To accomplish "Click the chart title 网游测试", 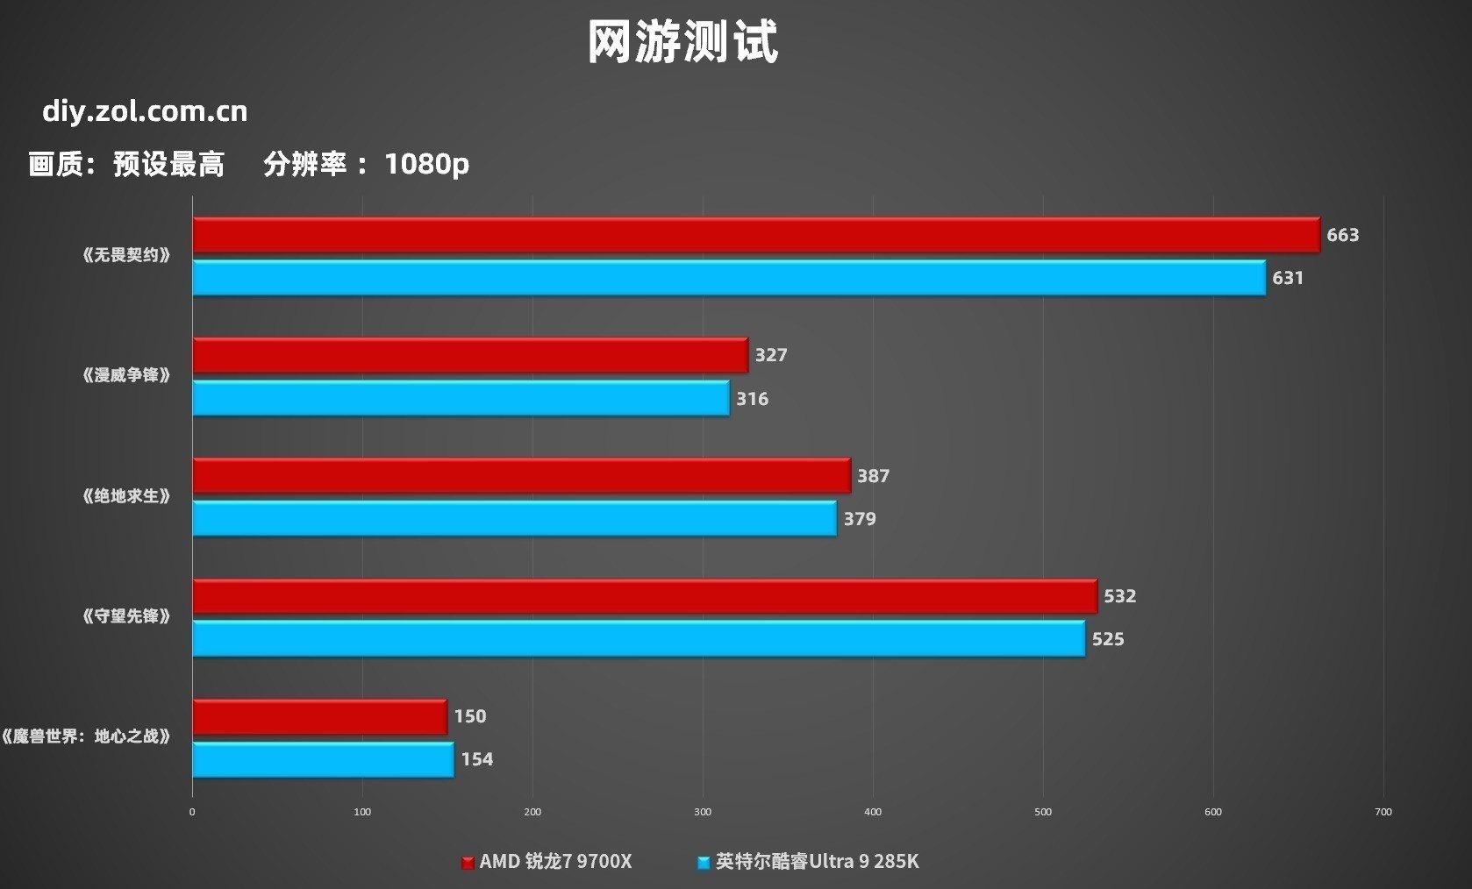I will click(x=682, y=41).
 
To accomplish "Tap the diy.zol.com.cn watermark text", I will click(x=145, y=111).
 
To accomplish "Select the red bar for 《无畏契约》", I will click(x=755, y=235).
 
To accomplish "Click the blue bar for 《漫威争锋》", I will click(x=461, y=398).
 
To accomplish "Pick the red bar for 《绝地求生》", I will click(x=521, y=475).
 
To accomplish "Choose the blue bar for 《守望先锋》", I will click(x=639, y=638).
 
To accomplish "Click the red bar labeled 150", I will click(x=319, y=716).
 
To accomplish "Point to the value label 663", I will click(x=1342, y=235).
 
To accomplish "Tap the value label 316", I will click(x=752, y=399).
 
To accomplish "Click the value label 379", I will click(x=860, y=519).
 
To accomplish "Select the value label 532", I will click(x=1119, y=596).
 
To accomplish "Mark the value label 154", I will click(x=476, y=759).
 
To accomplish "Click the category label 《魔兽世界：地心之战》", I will click(x=86, y=736).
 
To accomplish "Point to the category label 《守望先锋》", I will click(x=126, y=616).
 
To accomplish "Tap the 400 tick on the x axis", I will click(x=873, y=812).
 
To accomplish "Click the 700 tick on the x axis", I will click(x=1383, y=812).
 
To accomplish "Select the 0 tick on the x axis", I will click(x=192, y=812).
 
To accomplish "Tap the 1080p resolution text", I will click(x=426, y=164).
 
